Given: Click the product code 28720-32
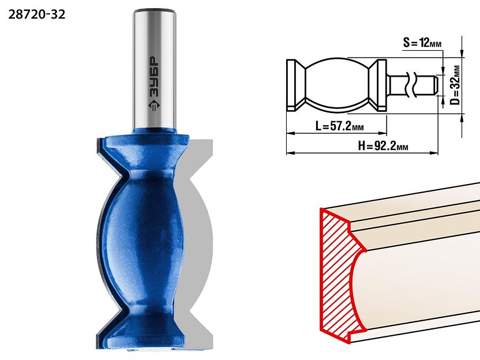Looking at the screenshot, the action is (37, 14).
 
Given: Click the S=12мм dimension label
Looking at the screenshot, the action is (422, 43).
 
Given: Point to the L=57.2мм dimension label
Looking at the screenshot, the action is (339, 126).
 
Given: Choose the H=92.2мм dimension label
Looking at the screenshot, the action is (383, 146).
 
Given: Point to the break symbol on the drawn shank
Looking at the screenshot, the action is (411, 85).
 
